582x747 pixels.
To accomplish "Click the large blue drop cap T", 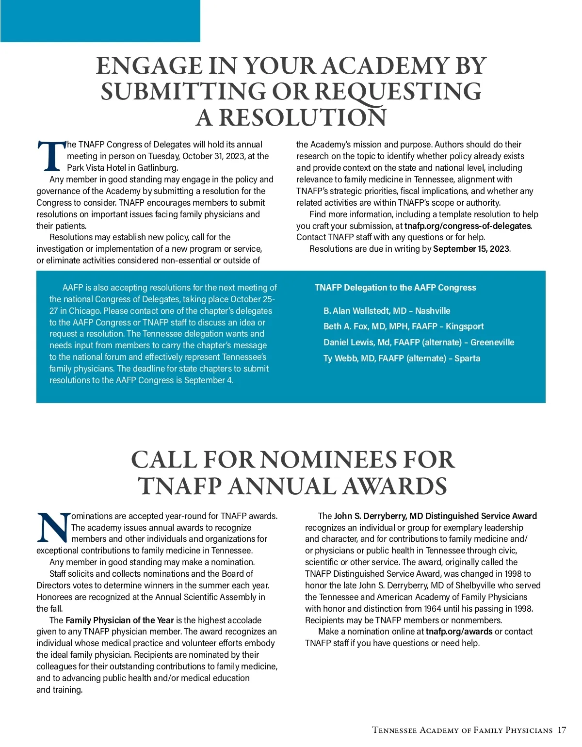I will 51,156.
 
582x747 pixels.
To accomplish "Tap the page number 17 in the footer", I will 562,731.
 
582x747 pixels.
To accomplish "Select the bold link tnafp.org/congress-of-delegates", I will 468,226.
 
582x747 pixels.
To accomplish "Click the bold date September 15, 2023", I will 471,249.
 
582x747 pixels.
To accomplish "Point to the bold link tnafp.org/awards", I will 459,632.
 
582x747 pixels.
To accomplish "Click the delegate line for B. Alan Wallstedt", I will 387,311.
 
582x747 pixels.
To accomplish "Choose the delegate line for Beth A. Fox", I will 404,326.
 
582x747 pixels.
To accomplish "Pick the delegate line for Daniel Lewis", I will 419,342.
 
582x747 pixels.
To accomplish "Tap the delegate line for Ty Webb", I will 402,358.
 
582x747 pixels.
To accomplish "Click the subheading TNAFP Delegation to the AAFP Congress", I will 395,288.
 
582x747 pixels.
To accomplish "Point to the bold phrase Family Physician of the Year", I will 119,620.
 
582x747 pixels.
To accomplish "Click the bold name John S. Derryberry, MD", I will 378,516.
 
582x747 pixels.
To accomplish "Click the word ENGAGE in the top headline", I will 149,66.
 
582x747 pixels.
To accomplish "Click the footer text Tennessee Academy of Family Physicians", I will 462,731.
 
